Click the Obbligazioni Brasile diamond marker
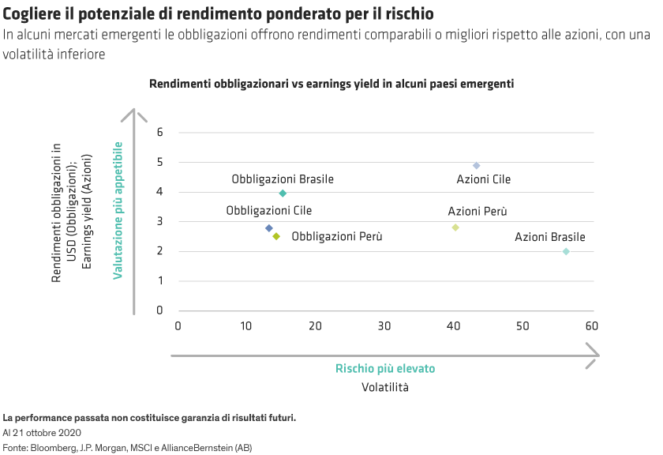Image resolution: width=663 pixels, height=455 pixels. tap(283, 194)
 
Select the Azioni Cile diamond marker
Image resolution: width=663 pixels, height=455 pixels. tap(476, 165)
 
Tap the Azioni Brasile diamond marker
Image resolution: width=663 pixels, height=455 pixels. tap(566, 251)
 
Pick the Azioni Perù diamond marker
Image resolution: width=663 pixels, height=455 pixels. tap(455, 227)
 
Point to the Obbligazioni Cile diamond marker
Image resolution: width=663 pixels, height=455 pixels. tap(269, 228)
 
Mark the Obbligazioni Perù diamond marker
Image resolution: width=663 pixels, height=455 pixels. tap(276, 235)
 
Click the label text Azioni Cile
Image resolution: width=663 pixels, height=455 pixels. tap(483, 179)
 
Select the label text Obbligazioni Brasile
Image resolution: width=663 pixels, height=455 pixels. tap(282, 179)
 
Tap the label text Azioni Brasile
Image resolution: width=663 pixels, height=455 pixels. tap(549, 237)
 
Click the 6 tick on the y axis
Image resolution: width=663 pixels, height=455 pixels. tap(159, 132)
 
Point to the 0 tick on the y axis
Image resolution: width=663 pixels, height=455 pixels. tap(159, 310)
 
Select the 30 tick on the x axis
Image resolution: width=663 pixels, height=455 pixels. tap(384, 325)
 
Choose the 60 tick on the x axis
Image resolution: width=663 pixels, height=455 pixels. tap(592, 325)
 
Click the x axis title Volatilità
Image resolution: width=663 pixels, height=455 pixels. tap(385, 388)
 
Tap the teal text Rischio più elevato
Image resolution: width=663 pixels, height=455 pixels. tap(385, 369)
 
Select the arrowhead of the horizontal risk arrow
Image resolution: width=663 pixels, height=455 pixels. tap(592, 355)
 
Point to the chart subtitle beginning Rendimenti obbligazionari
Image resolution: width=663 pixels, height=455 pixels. tap(331, 83)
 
